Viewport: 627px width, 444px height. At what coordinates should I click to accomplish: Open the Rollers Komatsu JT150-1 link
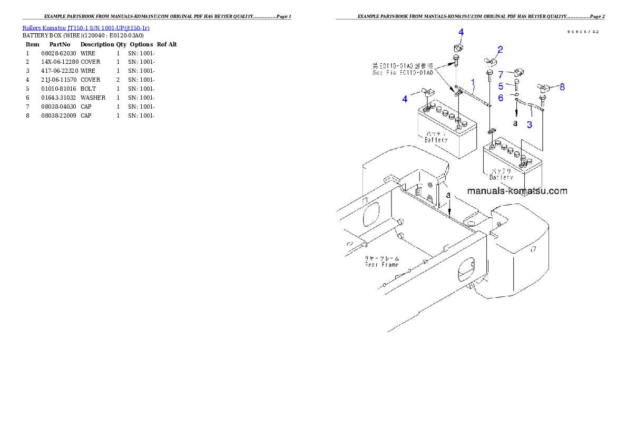pyautogui.click(x=85, y=28)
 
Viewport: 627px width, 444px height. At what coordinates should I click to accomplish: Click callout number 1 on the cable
pyautogui.click(x=473, y=82)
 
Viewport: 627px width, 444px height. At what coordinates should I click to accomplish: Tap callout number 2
pyautogui.click(x=500, y=50)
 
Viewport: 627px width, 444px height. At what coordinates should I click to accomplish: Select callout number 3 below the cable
pyautogui.click(x=530, y=125)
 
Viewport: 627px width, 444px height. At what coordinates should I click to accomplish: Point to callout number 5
pyautogui.click(x=501, y=86)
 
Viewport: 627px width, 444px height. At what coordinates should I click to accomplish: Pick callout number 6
pyautogui.click(x=501, y=98)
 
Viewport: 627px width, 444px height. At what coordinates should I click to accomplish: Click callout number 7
pyautogui.click(x=501, y=74)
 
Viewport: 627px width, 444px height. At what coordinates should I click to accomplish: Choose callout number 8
pyautogui.click(x=562, y=87)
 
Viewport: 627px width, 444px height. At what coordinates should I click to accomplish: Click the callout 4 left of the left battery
pyautogui.click(x=405, y=99)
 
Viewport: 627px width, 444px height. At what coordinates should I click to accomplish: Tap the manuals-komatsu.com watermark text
pyautogui.click(x=517, y=191)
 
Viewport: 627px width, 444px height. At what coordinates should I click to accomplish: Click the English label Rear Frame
pyautogui.click(x=382, y=264)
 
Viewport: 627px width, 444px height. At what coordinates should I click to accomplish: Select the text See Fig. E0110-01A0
pyautogui.click(x=403, y=73)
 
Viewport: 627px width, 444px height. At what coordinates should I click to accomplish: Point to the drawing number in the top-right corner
pyautogui.click(x=583, y=32)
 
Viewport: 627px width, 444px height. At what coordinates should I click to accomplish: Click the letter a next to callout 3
pyautogui.click(x=515, y=123)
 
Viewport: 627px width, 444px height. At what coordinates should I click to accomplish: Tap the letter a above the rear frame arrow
pyautogui.click(x=448, y=195)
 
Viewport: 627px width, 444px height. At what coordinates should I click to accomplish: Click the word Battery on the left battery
pyautogui.click(x=436, y=140)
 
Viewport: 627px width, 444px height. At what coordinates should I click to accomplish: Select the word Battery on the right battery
pyautogui.click(x=501, y=177)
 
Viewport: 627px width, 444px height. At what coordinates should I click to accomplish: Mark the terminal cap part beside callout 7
pyautogui.click(x=517, y=72)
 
